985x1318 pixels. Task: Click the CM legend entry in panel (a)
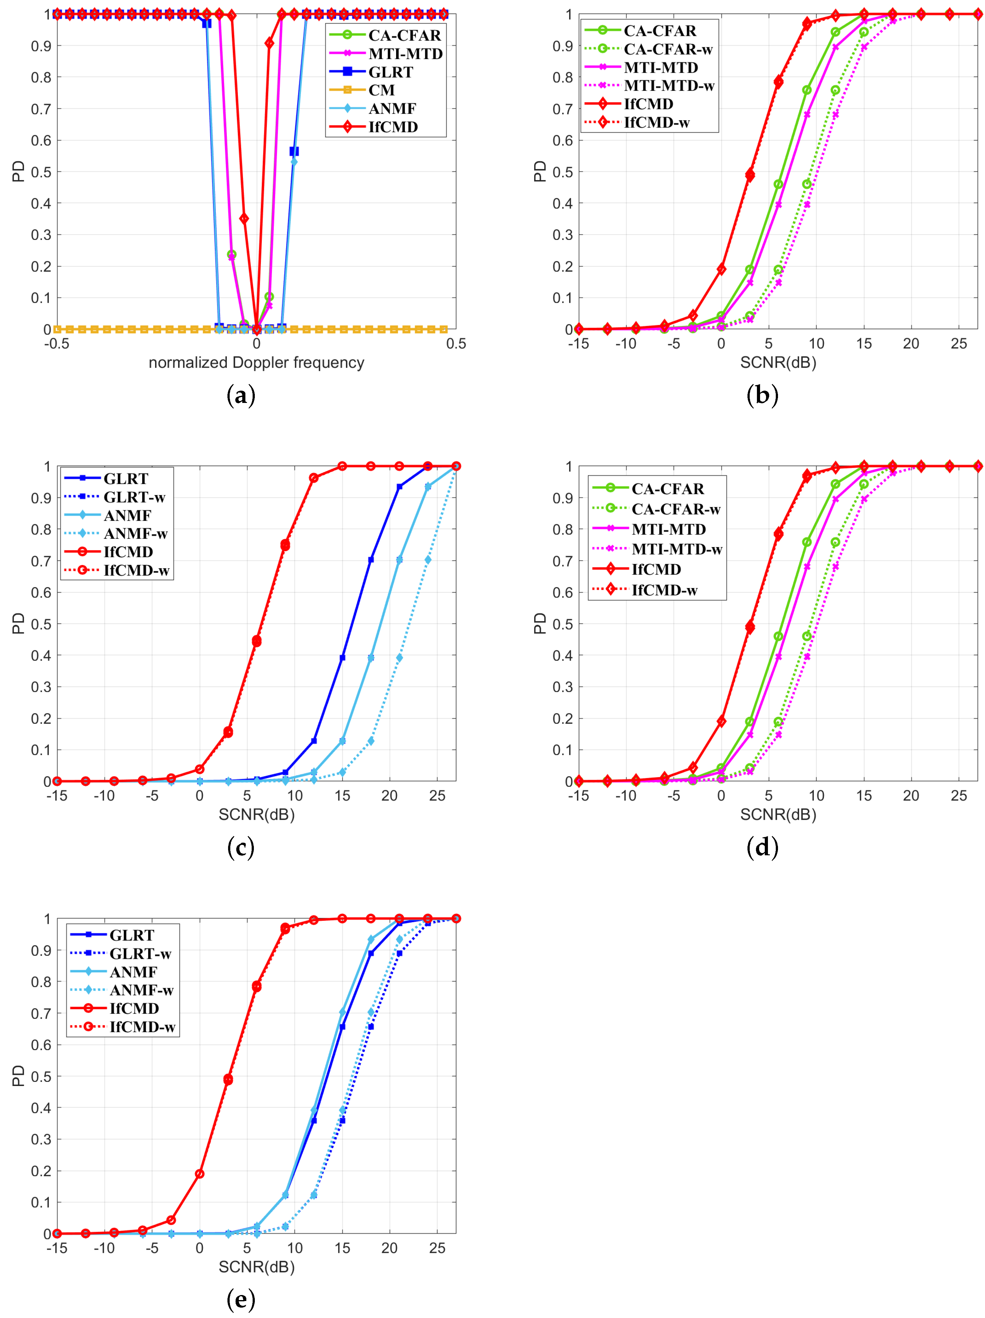381,90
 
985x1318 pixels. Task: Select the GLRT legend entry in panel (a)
390,72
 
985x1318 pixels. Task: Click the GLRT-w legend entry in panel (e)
140,953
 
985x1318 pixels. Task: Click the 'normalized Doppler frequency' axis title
256,362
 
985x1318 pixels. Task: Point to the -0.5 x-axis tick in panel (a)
57,344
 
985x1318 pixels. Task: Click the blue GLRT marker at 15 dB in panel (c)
342,658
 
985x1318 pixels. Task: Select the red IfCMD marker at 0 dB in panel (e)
199,1173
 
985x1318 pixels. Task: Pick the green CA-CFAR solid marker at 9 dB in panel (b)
807,90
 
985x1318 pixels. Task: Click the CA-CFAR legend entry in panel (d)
667,489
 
